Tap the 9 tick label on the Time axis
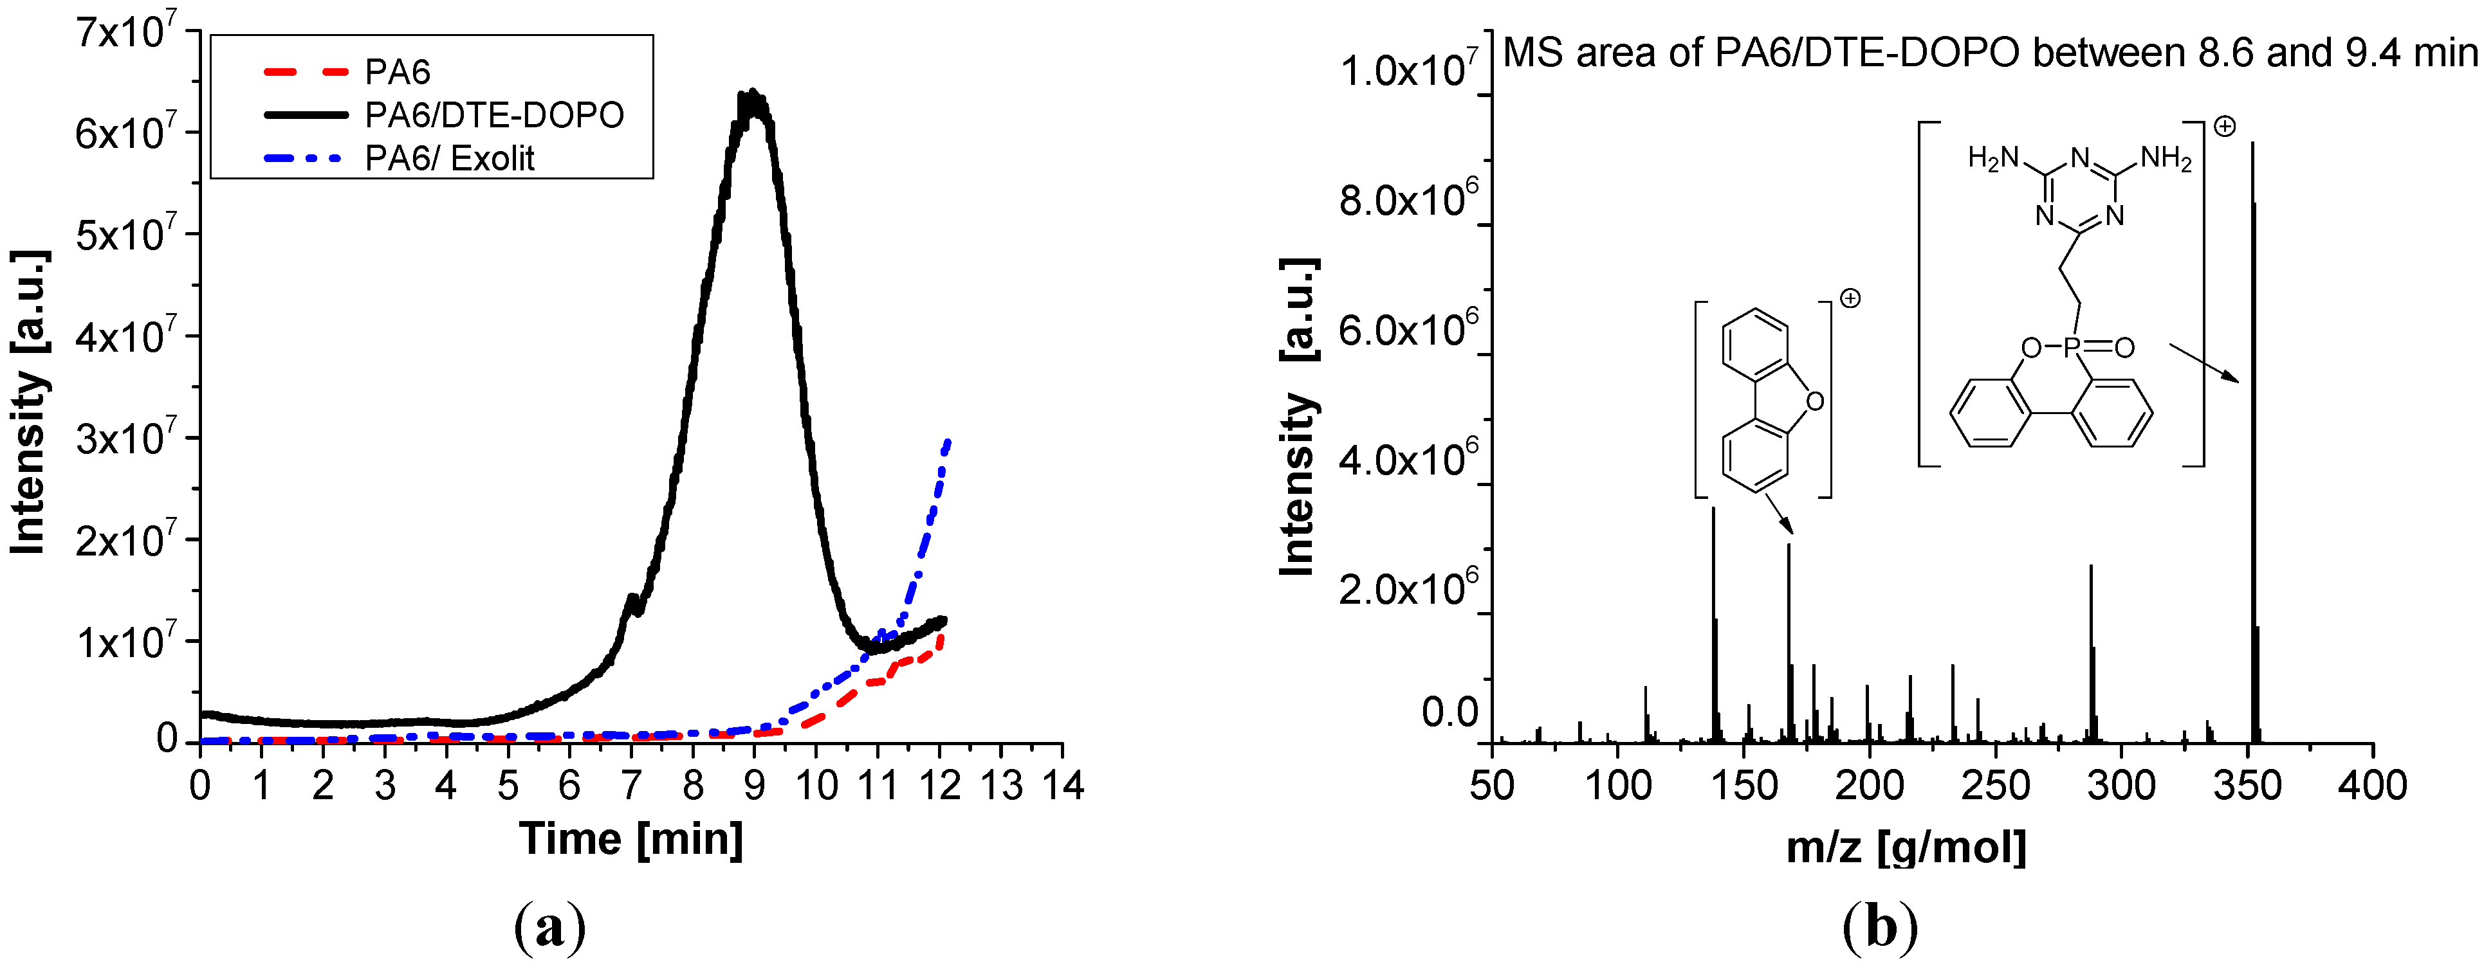coord(754,786)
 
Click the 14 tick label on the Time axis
coord(1063,786)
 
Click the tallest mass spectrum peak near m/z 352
coord(2252,145)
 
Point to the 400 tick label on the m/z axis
coord(2372,786)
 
